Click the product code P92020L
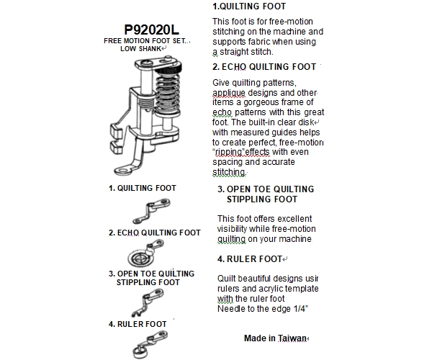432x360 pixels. pos(151,30)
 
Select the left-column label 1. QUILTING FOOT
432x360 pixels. pos(143,188)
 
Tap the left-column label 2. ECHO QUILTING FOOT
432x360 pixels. pos(154,233)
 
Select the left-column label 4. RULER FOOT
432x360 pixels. pos(138,324)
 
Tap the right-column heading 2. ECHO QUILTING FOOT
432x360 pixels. pos(265,66)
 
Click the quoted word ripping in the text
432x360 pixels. pos(231,153)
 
